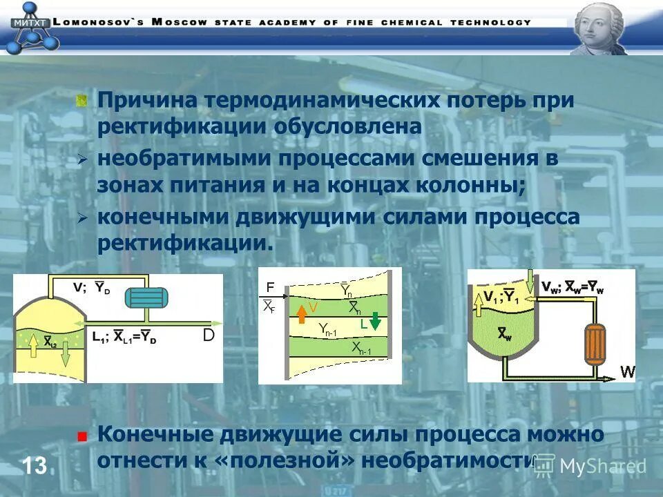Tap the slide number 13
click(x=34, y=465)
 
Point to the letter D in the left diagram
click(x=209, y=335)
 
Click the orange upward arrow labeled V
click(x=301, y=313)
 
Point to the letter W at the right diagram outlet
click(x=627, y=371)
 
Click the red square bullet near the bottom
click(x=82, y=436)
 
